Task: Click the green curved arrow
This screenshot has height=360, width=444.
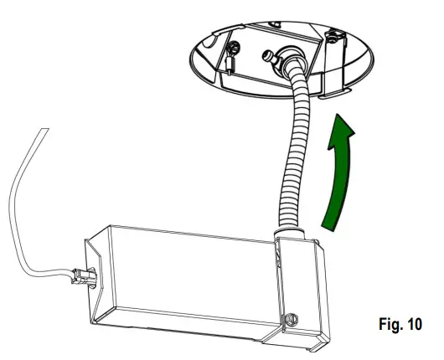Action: pyautogui.click(x=337, y=180)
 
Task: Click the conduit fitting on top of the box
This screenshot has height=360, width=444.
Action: pyautogui.click(x=284, y=229)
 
